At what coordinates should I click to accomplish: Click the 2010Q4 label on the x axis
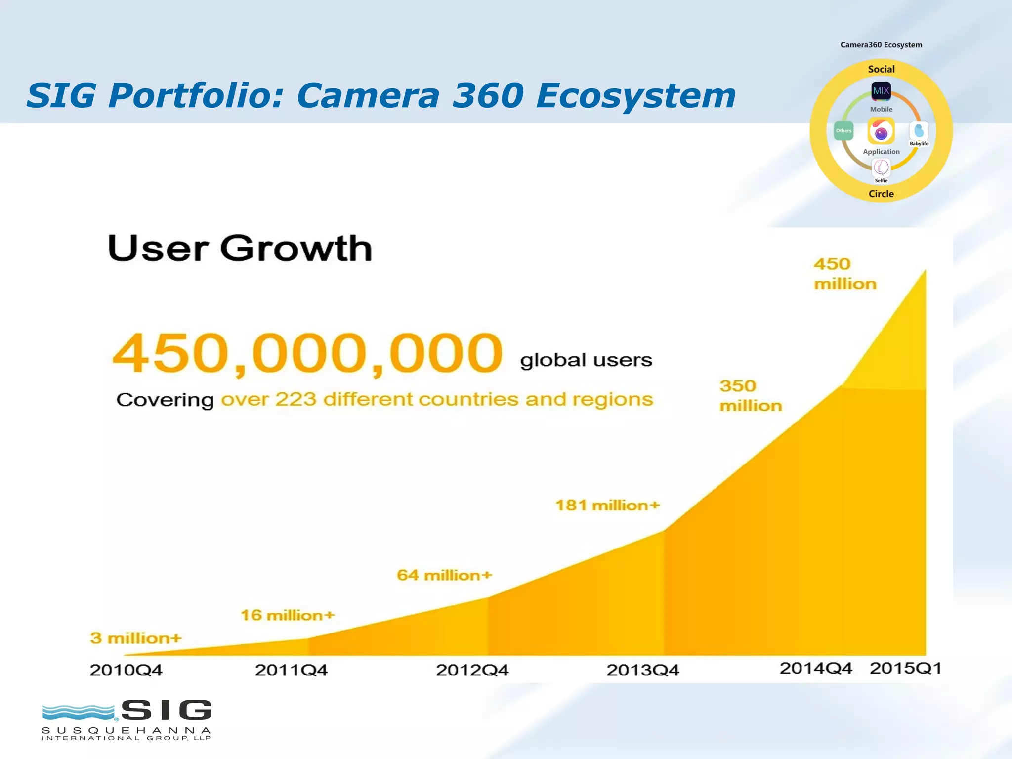coord(126,670)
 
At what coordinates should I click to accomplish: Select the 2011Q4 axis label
coord(291,670)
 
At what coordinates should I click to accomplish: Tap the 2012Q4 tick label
coord(472,670)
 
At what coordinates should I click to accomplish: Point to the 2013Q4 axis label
coord(642,670)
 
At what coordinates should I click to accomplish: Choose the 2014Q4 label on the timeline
coord(816,668)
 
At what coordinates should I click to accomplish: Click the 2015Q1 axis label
coord(905,668)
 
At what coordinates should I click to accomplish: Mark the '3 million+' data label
coord(136,638)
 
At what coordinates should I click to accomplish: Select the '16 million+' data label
coord(288,615)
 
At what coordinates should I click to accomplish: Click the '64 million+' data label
coord(444,575)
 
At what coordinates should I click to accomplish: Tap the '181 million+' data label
coord(607,505)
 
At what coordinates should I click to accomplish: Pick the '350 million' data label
coord(751,395)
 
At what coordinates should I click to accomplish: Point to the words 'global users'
coord(586,360)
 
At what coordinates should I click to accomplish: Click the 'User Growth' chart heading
coord(240,248)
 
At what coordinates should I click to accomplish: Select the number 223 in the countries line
coord(295,399)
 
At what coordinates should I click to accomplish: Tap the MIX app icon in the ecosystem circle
coord(881,91)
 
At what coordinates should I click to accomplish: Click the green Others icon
coord(843,131)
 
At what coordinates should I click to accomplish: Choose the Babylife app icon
coord(919,131)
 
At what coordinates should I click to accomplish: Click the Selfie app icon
coord(881,168)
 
